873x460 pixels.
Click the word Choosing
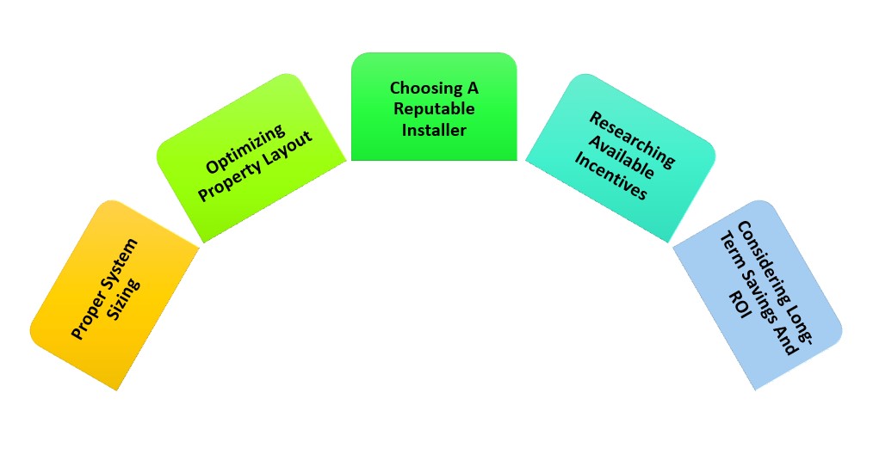click(x=422, y=88)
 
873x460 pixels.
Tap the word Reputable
click(x=434, y=109)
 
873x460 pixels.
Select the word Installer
click(x=434, y=130)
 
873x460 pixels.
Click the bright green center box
click(x=434, y=107)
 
